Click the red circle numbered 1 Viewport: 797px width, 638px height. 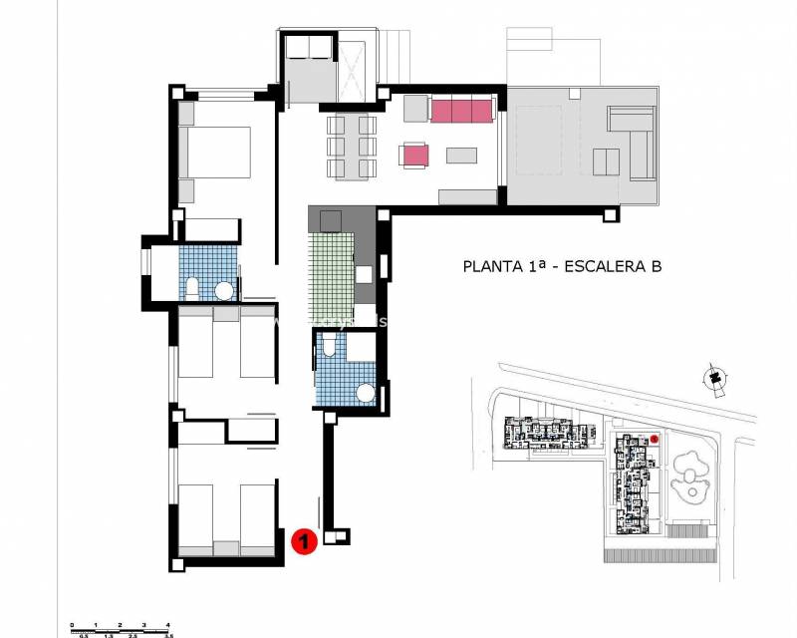(x=303, y=541)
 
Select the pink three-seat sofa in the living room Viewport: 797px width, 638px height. (x=461, y=111)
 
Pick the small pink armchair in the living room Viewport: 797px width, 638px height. (x=414, y=155)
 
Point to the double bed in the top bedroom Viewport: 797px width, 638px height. (x=215, y=153)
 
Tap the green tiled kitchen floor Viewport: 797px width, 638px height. (x=331, y=269)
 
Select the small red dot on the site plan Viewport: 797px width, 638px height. (x=656, y=439)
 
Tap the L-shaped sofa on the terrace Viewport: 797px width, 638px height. (x=629, y=146)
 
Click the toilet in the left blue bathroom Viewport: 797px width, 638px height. (x=191, y=289)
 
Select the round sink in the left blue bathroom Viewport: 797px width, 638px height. (x=225, y=291)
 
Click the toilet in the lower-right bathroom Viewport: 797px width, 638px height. (x=330, y=346)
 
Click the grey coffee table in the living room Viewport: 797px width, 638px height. (x=461, y=155)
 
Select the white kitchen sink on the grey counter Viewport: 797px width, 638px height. (x=365, y=274)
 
